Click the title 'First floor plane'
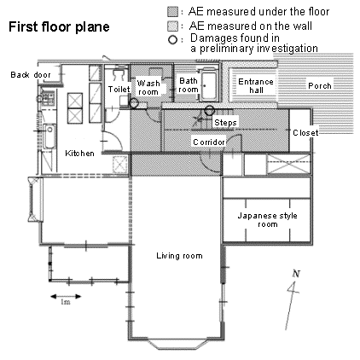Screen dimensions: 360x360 tap(59, 27)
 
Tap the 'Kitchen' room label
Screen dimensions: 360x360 tap(79, 154)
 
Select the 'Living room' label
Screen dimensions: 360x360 tap(179, 256)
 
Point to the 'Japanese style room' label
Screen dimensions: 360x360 tap(267, 220)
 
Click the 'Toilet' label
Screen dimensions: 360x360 tap(119, 90)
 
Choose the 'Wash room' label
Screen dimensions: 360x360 tap(148, 88)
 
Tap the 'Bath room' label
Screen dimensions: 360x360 tap(189, 85)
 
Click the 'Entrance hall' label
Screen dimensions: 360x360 tap(256, 86)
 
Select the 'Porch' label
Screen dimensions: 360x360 tap(320, 85)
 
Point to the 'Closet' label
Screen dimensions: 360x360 tap(305, 132)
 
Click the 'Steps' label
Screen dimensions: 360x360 tap(225, 123)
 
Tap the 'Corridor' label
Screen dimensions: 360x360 tap(209, 142)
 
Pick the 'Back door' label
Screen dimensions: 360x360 tap(31, 75)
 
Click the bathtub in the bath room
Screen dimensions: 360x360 tap(209, 84)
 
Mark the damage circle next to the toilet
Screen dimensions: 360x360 tap(133, 103)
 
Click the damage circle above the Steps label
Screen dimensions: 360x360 tap(210, 110)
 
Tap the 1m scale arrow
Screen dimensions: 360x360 tap(66, 297)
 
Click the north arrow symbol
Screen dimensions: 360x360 tap(292, 300)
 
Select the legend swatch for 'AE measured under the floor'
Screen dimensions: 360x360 tap(172, 12)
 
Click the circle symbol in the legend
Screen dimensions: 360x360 tap(172, 40)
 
